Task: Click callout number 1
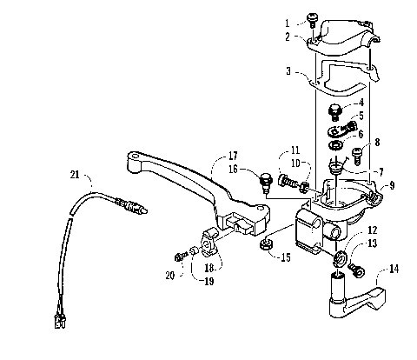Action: pos(288,21)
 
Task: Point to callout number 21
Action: pos(74,175)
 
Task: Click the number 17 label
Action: pos(233,157)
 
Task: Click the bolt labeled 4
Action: pos(334,112)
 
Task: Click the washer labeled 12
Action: pos(338,257)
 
